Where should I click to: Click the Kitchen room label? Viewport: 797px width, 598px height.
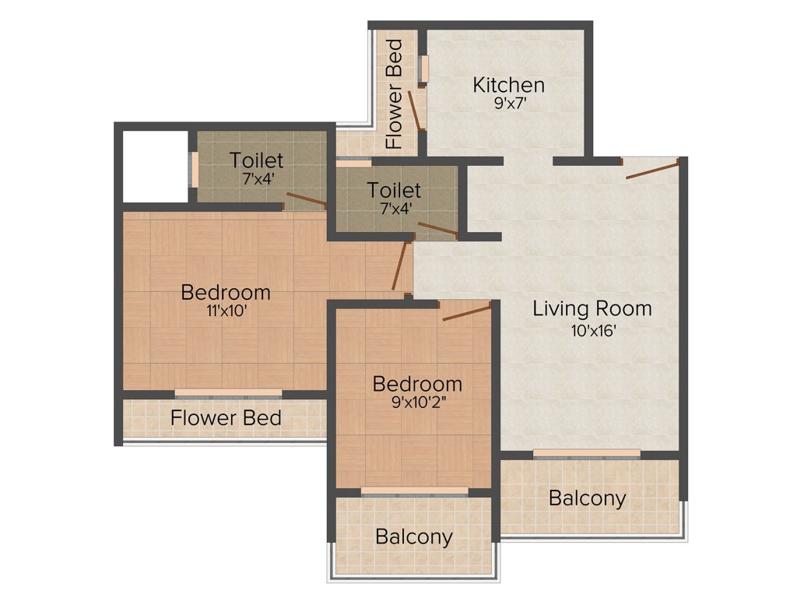pyautogui.click(x=509, y=84)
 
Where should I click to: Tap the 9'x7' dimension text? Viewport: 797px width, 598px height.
pyautogui.click(x=509, y=102)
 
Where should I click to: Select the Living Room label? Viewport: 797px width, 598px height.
pyautogui.click(x=592, y=308)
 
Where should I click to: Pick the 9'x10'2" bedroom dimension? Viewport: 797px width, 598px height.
pyautogui.click(x=417, y=403)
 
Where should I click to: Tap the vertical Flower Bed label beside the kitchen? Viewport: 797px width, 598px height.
pyautogui.click(x=395, y=94)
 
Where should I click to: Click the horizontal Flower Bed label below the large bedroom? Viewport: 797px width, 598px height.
pyautogui.click(x=226, y=418)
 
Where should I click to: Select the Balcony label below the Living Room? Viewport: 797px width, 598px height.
pyautogui.click(x=587, y=498)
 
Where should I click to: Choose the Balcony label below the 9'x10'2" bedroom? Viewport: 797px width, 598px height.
pyautogui.click(x=413, y=536)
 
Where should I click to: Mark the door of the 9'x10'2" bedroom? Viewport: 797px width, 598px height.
pyautogui.click(x=466, y=312)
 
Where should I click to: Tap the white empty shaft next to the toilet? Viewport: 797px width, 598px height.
pyautogui.click(x=156, y=166)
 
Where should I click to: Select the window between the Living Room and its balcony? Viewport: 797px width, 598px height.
pyautogui.click(x=587, y=454)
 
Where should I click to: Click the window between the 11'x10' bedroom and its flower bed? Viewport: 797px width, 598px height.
pyautogui.click(x=228, y=393)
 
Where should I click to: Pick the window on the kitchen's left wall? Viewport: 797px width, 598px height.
pyautogui.click(x=424, y=69)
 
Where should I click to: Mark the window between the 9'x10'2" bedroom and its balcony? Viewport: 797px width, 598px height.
pyautogui.click(x=414, y=491)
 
